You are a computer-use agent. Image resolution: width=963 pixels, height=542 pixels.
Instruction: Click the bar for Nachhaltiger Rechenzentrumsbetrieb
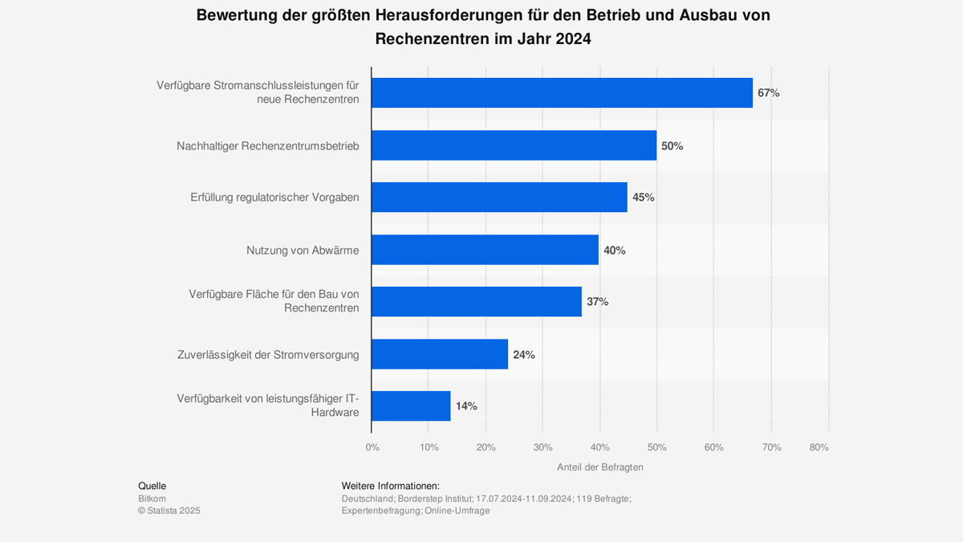(x=514, y=145)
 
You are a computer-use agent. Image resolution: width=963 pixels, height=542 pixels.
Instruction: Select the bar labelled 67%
(x=562, y=93)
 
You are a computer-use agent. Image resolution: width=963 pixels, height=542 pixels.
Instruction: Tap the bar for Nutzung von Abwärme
(x=485, y=250)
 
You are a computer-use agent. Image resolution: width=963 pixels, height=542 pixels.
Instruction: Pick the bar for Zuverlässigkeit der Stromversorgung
(x=440, y=354)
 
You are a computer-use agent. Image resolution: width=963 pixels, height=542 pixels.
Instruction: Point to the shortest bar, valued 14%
(x=411, y=406)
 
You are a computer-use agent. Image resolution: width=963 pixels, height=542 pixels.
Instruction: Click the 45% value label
(x=644, y=198)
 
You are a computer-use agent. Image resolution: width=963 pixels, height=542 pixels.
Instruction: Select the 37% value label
(x=597, y=302)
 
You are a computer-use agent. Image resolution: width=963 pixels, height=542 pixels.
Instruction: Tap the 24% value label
(x=524, y=354)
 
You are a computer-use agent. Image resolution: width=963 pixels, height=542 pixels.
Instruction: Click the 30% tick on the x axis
(x=542, y=447)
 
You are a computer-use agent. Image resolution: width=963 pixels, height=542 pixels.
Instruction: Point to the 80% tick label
(x=819, y=447)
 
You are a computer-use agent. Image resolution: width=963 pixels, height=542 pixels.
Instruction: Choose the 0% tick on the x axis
(x=372, y=447)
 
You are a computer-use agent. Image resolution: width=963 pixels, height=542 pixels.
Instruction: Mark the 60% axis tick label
(x=713, y=447)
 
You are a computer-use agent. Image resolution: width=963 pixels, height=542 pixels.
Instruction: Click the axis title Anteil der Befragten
(x=599, y=467)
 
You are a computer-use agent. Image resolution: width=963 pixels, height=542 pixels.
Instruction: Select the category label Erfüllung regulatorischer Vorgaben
(x=274, y=198)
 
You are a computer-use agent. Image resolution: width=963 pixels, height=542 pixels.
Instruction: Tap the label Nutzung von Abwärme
(x=303, y=251)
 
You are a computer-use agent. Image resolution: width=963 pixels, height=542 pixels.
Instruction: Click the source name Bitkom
(x=152, y=499)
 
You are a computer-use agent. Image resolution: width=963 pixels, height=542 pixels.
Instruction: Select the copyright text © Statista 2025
(x=169, y=511)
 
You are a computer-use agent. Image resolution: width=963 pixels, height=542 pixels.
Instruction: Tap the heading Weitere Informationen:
(x=390, y=486)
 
